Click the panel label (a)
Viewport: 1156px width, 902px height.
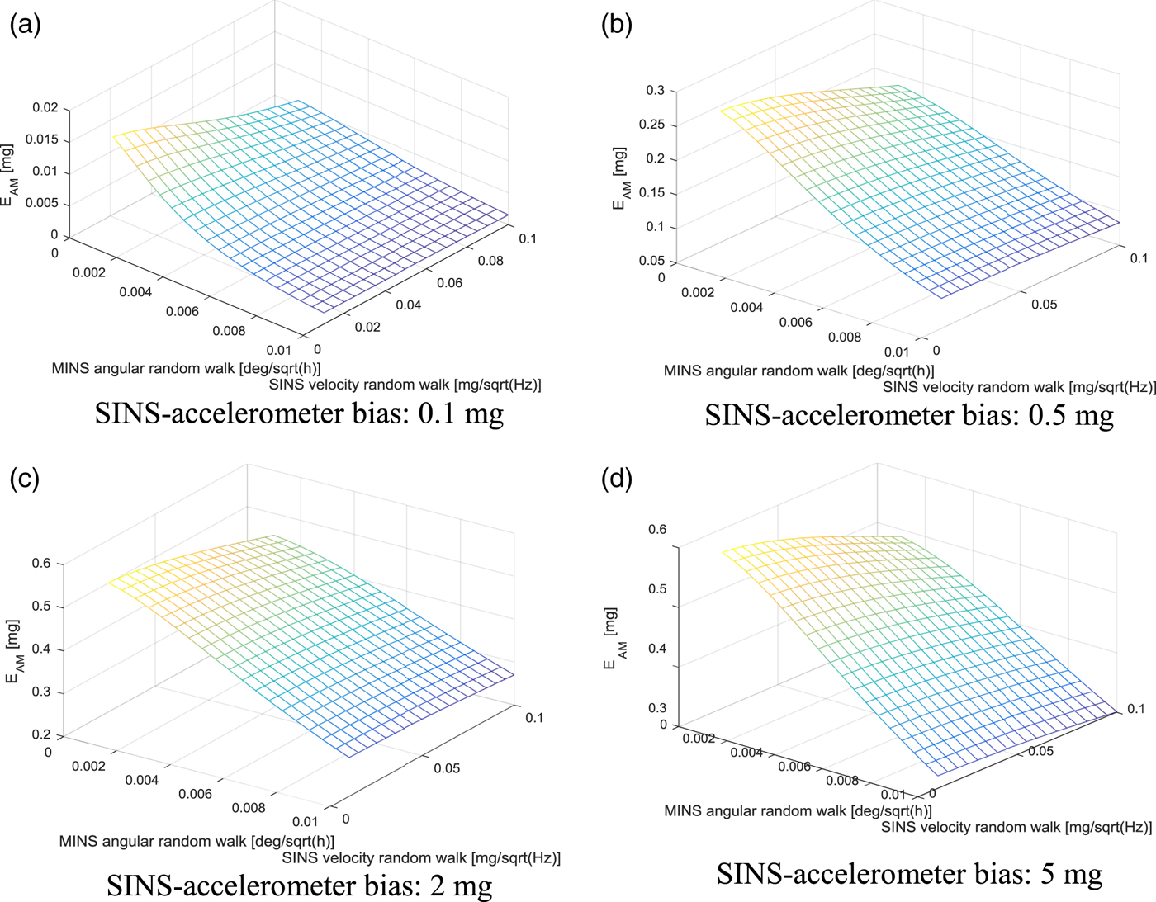[x=25, y=25]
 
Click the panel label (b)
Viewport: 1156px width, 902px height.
[x=617, y=25]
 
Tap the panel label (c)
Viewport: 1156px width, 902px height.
[x=25, y=478]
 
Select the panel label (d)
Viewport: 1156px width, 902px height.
[x=617, y=478]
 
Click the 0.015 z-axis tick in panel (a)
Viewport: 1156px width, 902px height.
[x=42, y=139]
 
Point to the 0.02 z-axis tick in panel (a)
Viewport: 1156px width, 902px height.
[x=46, y=107]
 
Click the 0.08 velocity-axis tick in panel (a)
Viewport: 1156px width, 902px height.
[x=490, y=261]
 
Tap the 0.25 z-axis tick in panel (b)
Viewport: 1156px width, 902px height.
[x=651, y=125]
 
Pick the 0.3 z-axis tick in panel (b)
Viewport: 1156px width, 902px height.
[x=656, y=90]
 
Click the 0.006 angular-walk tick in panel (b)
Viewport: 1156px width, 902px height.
[x=796, y=322]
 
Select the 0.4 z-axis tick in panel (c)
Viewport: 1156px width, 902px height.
[x=41, y=649]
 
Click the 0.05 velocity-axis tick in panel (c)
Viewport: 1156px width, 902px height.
[x=447, y=768]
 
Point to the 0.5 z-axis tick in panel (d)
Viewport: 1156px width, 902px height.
[x=657, y=589]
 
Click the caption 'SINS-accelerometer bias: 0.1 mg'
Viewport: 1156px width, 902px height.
[x=299, y=413]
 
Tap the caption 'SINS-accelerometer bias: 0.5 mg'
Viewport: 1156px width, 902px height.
[x=909, y=415]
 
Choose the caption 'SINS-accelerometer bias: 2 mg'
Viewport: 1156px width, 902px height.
[x=299, y=885]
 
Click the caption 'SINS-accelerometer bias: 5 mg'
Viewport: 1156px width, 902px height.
[x=909, y=873]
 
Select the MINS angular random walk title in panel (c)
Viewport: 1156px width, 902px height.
[x=197, y=842]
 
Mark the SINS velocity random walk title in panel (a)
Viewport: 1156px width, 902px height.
[x=405, y=385]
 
